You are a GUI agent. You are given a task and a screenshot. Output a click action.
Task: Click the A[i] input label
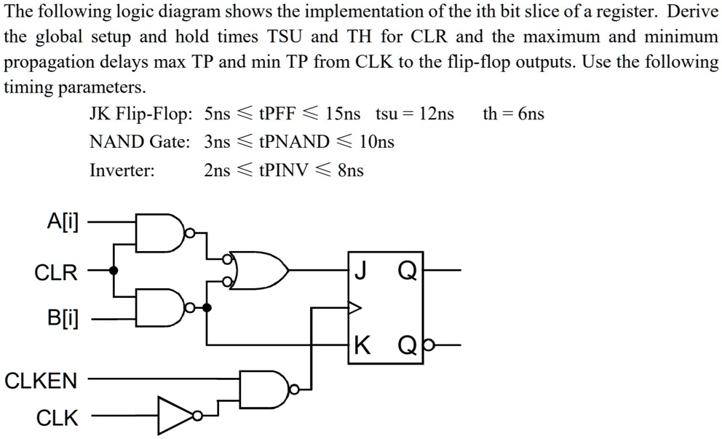[x=63, y=223]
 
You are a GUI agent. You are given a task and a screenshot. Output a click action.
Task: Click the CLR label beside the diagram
[x=56, y=272]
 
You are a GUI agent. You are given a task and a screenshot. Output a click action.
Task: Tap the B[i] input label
[x=63, y=318]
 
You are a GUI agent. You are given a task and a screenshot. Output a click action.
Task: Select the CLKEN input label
[x=41, y=381]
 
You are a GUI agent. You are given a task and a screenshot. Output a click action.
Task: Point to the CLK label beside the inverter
[x=57, y=419]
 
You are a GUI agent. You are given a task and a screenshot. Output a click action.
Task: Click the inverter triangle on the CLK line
[x=175, y=416]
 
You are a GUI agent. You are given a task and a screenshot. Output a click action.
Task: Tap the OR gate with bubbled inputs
[x=258, y=270]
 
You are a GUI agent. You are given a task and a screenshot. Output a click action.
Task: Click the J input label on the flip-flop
[x=361, y=270]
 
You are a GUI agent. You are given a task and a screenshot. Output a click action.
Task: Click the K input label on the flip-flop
[x=362, y=345]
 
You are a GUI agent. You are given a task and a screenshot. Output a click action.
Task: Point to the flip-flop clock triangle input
[x=354, y=307]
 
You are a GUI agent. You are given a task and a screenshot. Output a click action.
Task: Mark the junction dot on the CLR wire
[x=114, y=270]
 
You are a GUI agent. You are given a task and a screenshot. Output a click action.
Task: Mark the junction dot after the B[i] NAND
[x=207, y=308]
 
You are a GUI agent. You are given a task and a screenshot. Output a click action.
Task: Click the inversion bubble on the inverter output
[x=198, y=416]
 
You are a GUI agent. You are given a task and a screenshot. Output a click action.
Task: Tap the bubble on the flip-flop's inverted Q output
[x=428, y=344]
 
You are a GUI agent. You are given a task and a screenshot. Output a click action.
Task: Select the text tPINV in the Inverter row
[x=283, y=170]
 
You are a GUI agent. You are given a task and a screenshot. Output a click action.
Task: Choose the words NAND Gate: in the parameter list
[x=140, y=142]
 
